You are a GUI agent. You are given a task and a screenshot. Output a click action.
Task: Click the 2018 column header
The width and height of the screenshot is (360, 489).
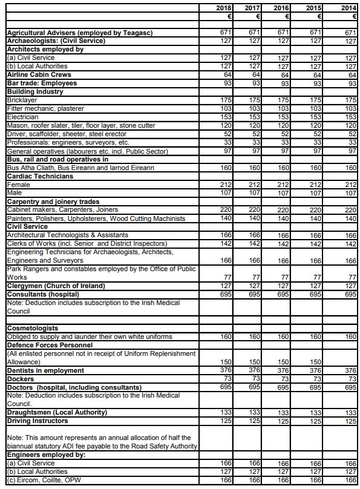(223, 8)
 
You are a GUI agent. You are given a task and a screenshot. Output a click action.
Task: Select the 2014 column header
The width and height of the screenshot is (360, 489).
(349, 8)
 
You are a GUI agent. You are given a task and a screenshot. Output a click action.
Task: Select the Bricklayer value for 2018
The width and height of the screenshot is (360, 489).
(224, 99)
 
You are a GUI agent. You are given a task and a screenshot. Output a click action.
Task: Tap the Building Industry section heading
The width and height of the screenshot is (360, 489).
(34, 91)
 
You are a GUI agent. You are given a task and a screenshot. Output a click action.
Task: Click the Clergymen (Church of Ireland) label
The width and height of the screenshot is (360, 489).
(56, 285)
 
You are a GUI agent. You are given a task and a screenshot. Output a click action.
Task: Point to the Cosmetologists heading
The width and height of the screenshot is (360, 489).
(32, 327)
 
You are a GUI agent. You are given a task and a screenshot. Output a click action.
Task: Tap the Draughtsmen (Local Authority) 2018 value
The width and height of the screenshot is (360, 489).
(224, 412)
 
